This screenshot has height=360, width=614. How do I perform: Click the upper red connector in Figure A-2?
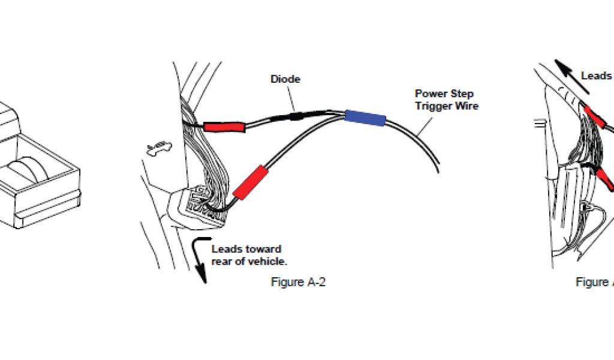224,126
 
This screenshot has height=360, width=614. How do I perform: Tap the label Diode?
285,79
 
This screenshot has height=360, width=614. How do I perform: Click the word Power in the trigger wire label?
429,94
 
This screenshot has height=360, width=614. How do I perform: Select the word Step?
462,94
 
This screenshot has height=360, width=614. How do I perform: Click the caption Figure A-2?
298,282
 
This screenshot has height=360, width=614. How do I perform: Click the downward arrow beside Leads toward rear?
199,261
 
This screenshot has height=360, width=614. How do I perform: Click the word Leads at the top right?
596,76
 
